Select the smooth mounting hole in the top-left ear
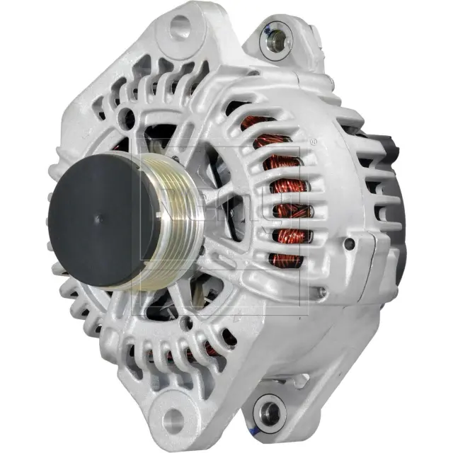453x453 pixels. click(x=180, y=28)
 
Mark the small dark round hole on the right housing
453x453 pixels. click(x=349, y=244)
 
